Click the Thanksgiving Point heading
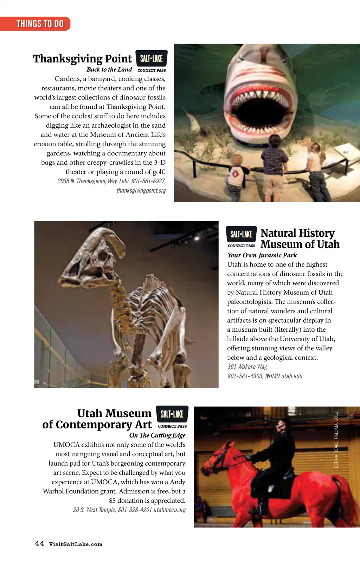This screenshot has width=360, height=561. pyautogui.click(x=82, y=58)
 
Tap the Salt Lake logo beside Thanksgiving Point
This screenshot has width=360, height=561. pyautogui.click(x=151, y=58)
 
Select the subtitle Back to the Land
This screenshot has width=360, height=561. pyautogui.click(x=109, y=70)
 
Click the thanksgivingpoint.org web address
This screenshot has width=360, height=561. pyautogui.click(x=141, y=191)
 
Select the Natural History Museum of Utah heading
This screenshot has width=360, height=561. pyautogui.click(x=300, y=238)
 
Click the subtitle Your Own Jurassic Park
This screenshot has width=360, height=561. pyautogui.click(x=262, y=255)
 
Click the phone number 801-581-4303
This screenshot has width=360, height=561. pyautogui.click(x=245, y=376)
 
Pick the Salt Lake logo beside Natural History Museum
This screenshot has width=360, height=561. pyautogui.click(x=241, y=234)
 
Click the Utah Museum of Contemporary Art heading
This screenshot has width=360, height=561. pyautogui.click(x=97, y=419)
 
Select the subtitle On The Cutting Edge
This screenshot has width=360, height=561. pyautogui.click(x=157, y=435)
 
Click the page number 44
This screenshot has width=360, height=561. pyautogui.click(x=39, y=544)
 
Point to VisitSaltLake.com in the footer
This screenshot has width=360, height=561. pyautogui.click(x=76, y=544)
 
